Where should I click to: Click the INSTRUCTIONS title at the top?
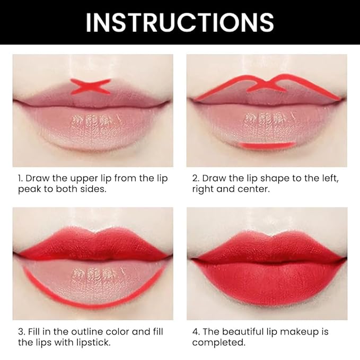pyautogui.click(x=180, y=22)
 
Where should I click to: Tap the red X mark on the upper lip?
pyautogui.click(x=91, y=86)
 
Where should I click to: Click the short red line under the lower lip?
pyautogui.click(x=267, y=145)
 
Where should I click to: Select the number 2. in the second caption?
pyautogui.click(x=196, y=179)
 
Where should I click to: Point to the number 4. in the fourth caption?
pyautogui.click(x=196, y=332)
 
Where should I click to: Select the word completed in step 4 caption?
pyautogui.click(x=218, y=343)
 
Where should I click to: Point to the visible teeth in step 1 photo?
pyautogui.click(x=91, y=118)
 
